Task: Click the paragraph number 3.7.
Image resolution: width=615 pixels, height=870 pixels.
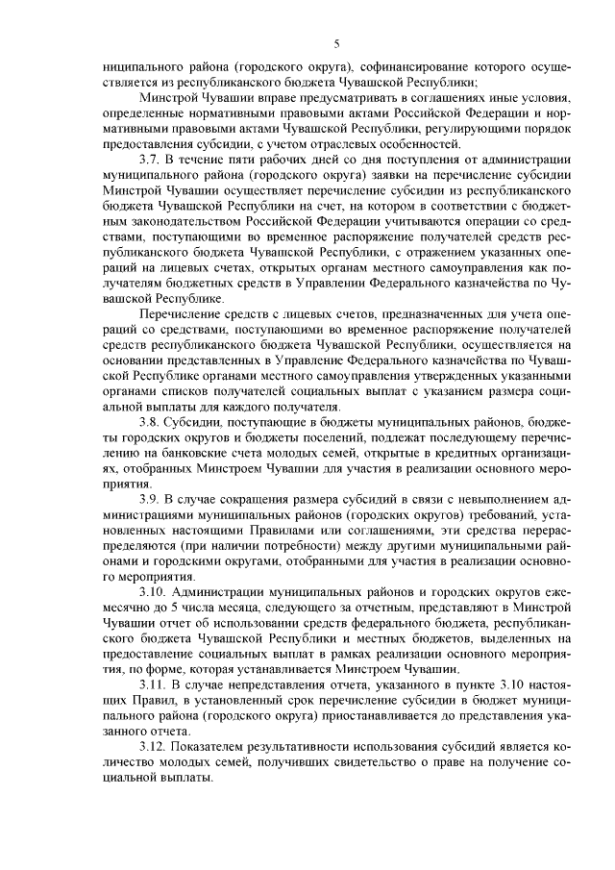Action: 151,157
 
